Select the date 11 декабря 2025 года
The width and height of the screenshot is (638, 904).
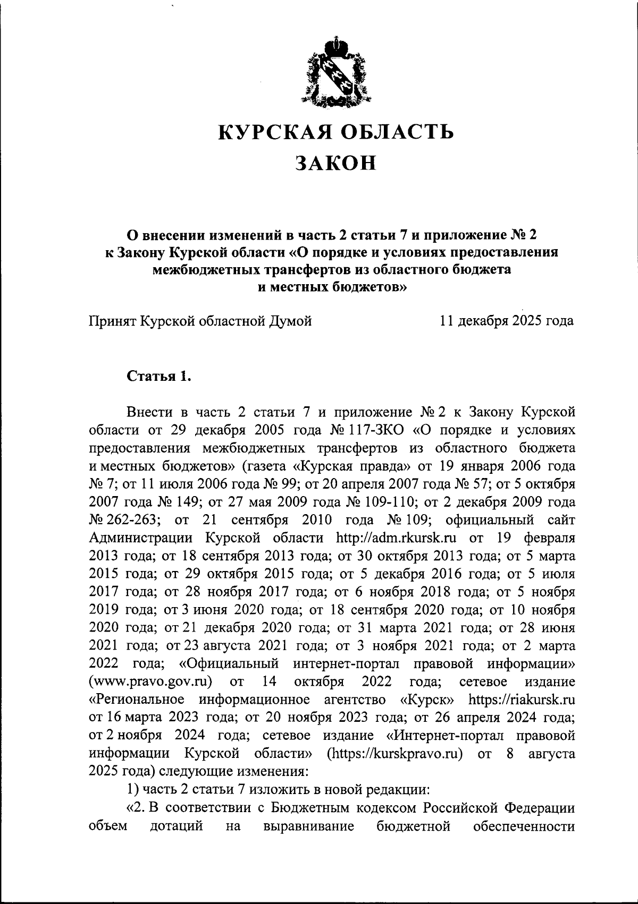click(507, 321)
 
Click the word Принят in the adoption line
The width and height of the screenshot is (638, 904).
click(112, 321)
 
